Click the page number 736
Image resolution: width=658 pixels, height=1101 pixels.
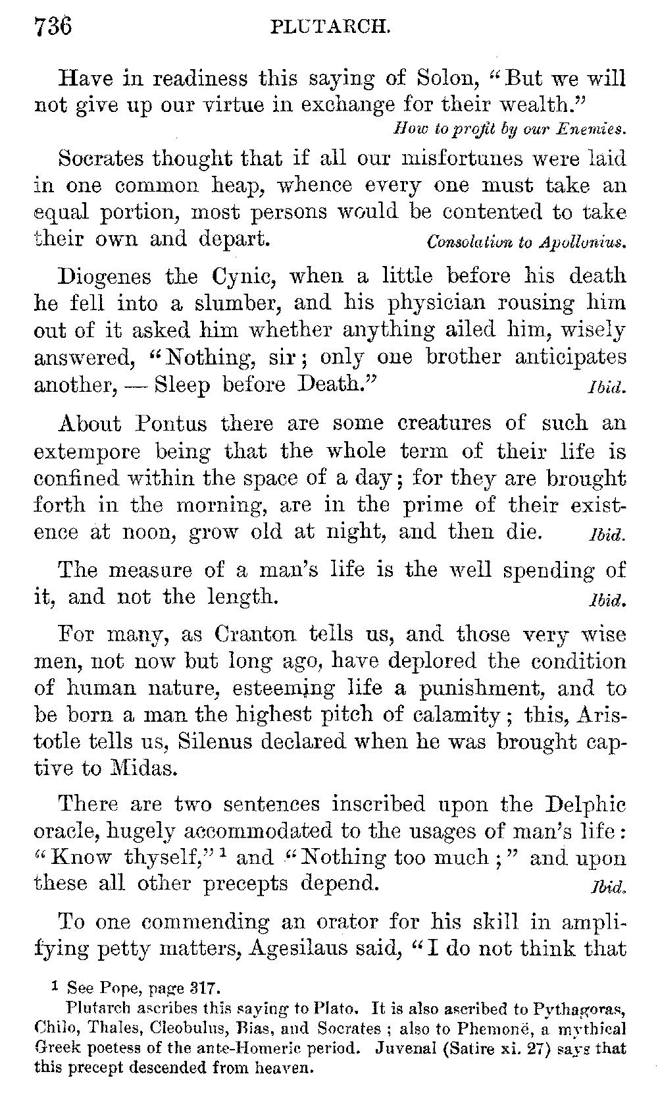[x=52, y=27]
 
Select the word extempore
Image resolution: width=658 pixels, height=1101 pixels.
[x=87, y=452]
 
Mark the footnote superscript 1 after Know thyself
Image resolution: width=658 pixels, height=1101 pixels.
[x=224, y=853]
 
